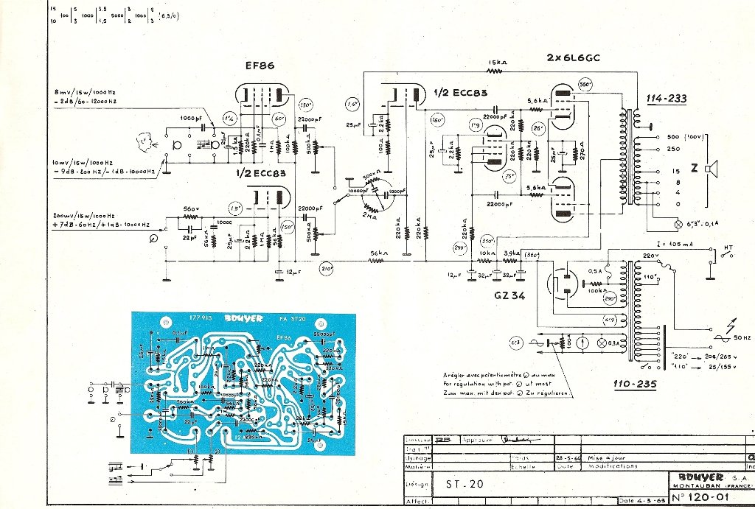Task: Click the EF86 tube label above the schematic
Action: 260,66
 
